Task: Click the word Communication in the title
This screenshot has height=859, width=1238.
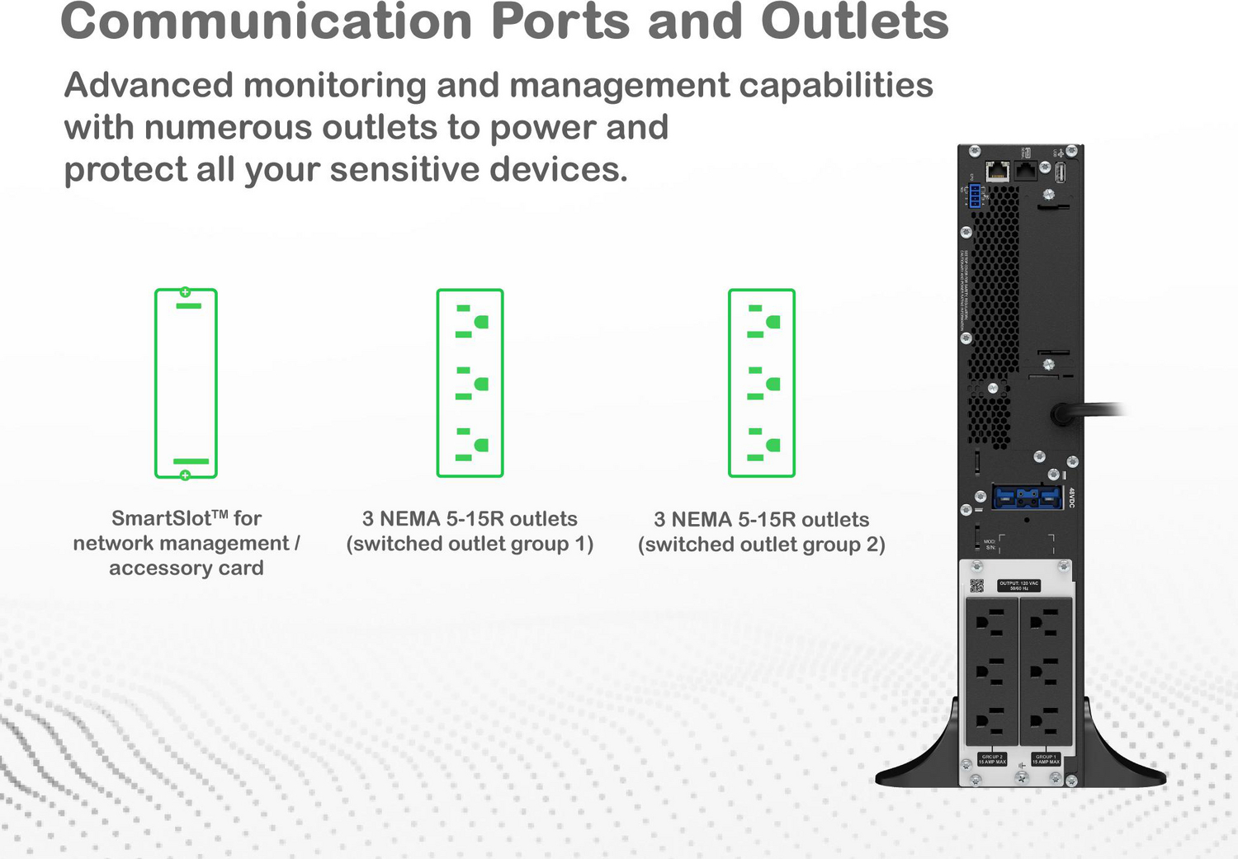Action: coord(266,21)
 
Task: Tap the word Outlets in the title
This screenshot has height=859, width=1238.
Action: coord(854,21)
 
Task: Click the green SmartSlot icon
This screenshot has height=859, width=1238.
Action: coord(186,383)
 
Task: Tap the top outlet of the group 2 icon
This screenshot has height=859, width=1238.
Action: coord(763,322)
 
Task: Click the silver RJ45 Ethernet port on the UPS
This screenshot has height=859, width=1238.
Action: coord(998,172)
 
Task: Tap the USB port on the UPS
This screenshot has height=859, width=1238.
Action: coord(1061,172)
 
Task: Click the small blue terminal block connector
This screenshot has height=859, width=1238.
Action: coord(975,196)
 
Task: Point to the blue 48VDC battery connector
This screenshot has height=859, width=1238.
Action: coord(1027,498)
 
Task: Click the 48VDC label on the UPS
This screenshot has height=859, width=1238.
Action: coord(1071,498)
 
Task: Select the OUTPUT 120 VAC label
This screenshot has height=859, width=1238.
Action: coord(1018,585)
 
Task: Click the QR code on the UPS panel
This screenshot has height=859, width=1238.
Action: coord(976,586)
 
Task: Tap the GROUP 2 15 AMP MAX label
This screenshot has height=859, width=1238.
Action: coord(991,759)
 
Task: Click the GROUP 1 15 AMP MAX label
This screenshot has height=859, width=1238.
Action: coord(1045,759)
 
